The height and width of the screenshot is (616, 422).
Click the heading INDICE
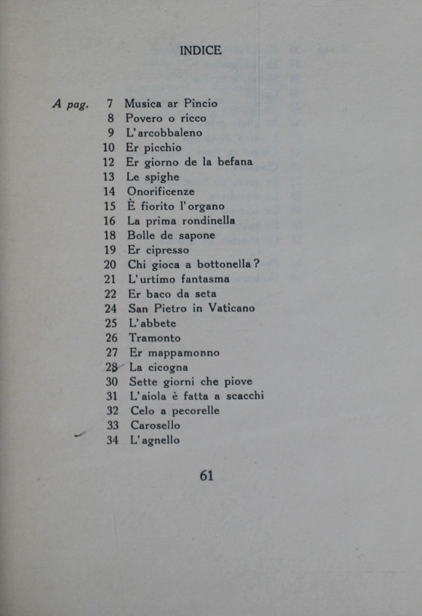point(200,50)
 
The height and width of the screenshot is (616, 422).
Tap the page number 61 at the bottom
point(207,475)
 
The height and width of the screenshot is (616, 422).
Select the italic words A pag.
point(71,104)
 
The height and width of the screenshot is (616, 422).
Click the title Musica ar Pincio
point(171,104)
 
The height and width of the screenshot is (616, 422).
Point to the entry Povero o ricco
point(166,119)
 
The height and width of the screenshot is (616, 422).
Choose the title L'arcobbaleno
point(164,133)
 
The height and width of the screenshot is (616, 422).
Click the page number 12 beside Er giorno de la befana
point(108,162)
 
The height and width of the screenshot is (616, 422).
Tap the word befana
point(234,162)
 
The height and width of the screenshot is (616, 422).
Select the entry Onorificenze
point(160,192)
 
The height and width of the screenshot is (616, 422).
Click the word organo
point(206,206)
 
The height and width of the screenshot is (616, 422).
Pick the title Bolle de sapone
point(171,236)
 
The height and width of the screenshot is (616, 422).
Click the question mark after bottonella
point(256,264)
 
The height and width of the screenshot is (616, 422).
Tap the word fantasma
point(206,279)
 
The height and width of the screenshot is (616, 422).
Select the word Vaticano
point(231,309)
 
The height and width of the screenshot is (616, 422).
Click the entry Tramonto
point(154,338)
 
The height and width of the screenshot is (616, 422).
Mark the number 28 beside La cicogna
point(111,367)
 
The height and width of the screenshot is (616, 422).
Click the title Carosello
point(155,425)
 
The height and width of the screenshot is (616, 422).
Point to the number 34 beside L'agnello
point(112,440)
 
